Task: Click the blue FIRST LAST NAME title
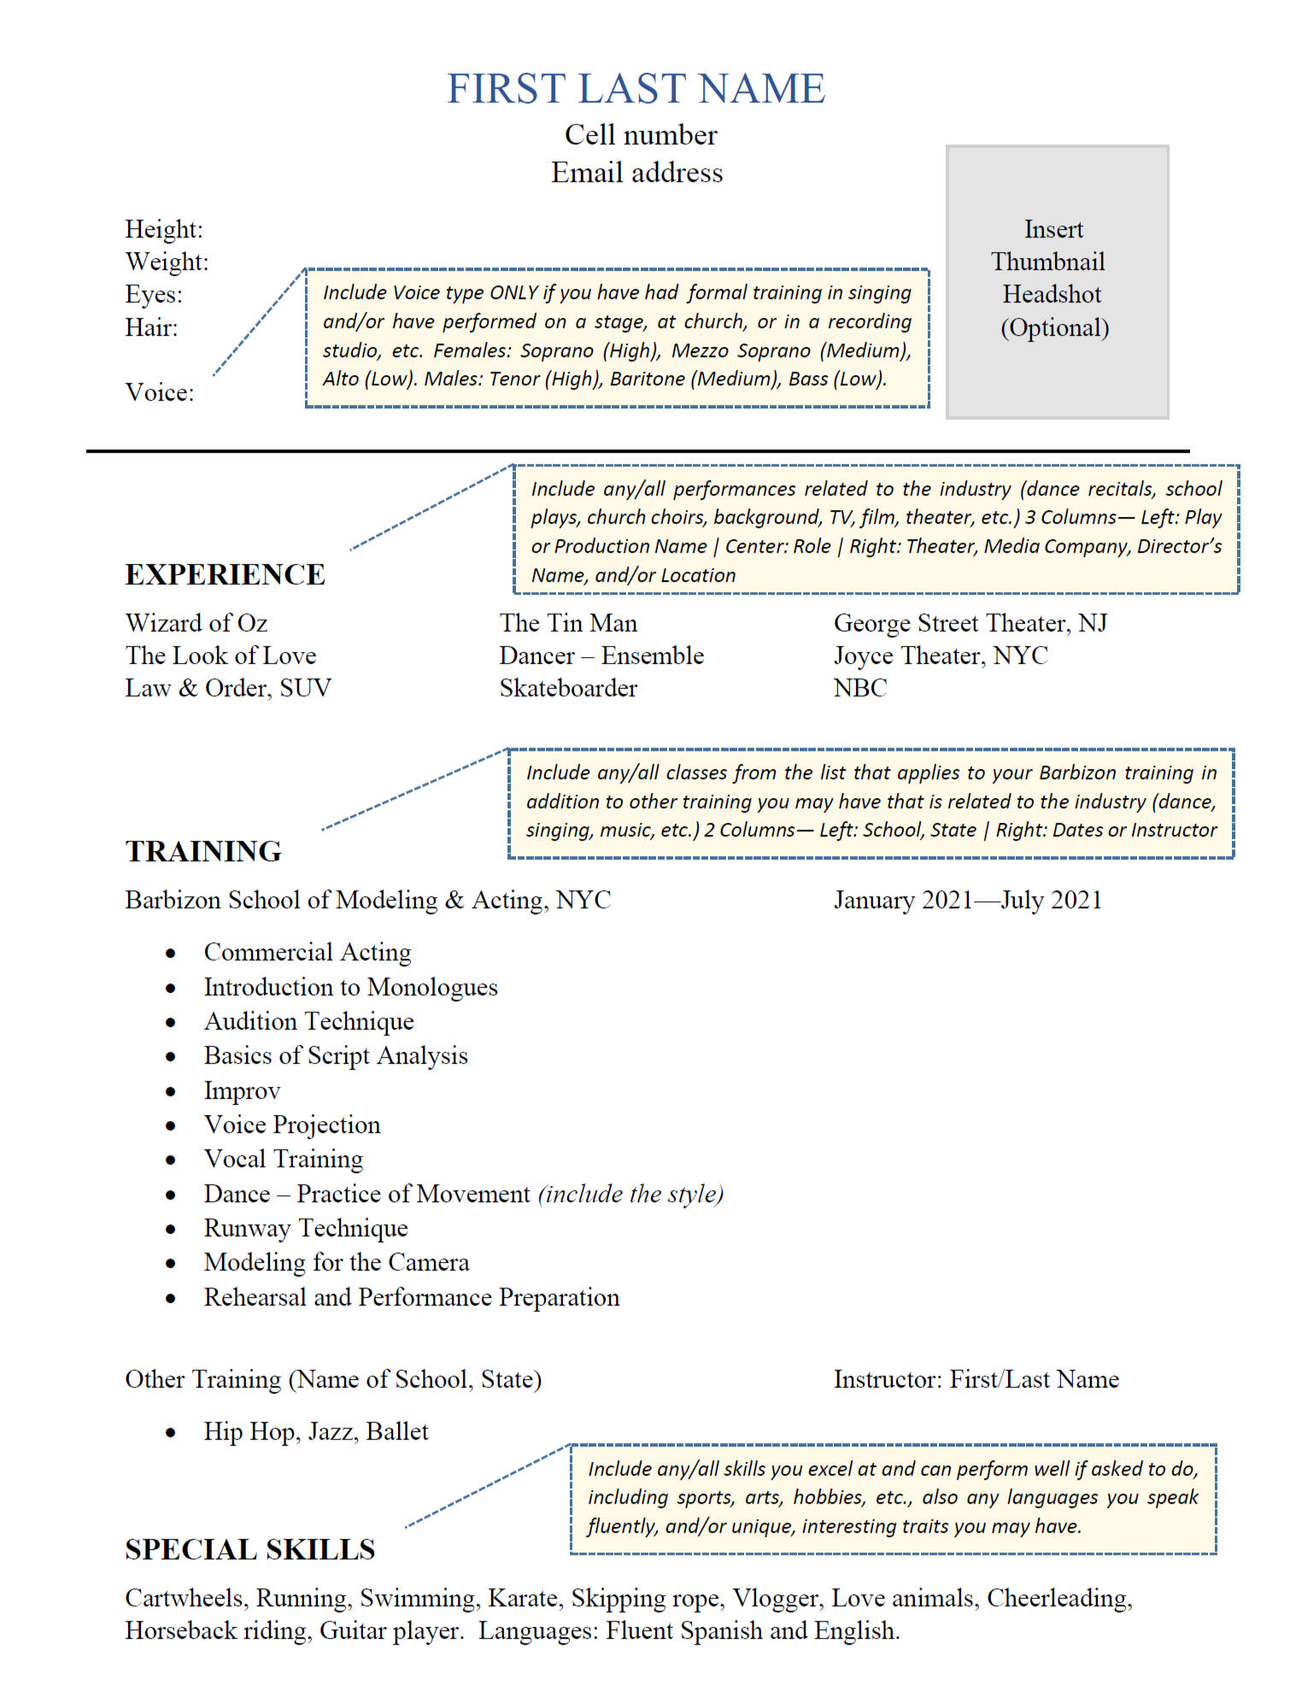(636, 89)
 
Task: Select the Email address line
(636, 173)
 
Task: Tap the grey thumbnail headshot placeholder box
(1057, 282)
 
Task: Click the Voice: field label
(160, 392)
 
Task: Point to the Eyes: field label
(154, 295)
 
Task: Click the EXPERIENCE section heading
(226, 575)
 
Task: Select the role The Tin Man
(568, 623)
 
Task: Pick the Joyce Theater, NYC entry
(941, 655)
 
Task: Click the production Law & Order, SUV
(228, 688)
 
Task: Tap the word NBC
(860, 688)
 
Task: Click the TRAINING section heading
(203, 852)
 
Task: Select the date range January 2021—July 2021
(968, 900)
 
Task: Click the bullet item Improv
(242, 1091)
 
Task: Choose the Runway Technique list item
(306, 1229)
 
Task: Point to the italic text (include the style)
(630, 1194)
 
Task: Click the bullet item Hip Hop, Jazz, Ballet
(316, 1432)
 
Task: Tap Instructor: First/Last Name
(976, 1380)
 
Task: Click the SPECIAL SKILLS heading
(250, 1550)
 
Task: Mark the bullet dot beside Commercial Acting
(171, 954)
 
